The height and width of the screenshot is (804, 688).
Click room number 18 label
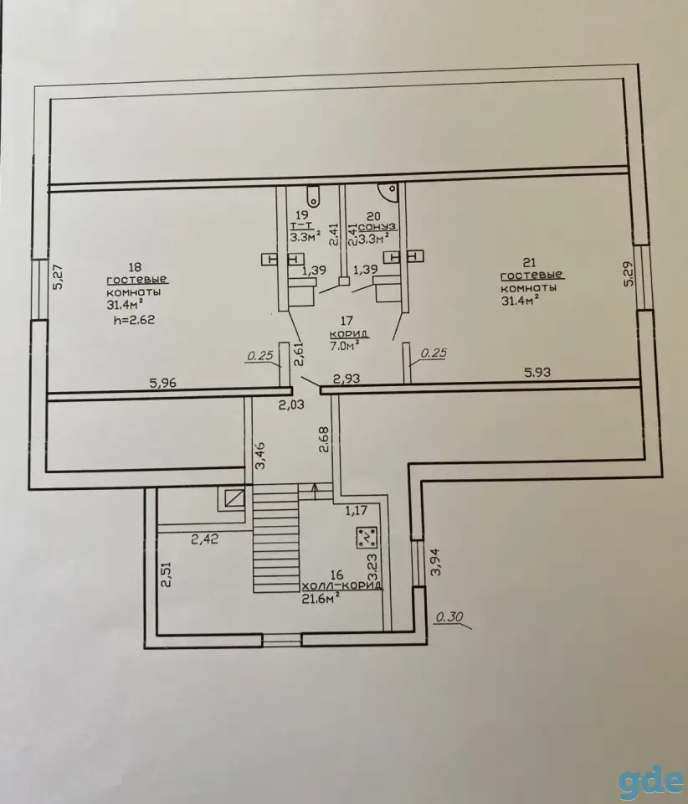click(x=136, y=267)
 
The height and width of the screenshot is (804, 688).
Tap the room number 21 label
click(x=529, y=262)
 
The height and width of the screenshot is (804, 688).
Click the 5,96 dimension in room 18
click(x=162, y=383)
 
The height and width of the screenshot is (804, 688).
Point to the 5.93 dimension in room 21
click(x=537, y=372)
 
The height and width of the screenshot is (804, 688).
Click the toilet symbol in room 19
click(x=313, y=195)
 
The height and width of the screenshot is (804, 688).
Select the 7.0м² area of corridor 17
click(x=344, y=346)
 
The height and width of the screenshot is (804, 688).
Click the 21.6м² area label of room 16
click(x=321, y=600)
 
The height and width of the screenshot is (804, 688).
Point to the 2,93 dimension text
click(x=347, y=379)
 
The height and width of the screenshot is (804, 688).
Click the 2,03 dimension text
click(x=291, y=405)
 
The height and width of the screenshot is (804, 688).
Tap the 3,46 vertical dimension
click(x=260, y=456)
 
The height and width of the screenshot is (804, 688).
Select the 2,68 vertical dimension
click(x=323, y=440)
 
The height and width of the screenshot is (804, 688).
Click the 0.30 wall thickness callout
click(x=449, y=617)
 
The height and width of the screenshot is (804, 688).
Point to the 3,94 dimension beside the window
click(x=435, y=563)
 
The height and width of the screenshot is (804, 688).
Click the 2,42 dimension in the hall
click(x=205, y=539)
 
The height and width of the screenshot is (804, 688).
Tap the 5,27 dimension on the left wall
click(x=58, y=277)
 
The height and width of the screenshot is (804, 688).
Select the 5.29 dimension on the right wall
click(x=629, y=274)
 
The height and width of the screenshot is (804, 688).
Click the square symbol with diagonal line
click(x=234, y=498)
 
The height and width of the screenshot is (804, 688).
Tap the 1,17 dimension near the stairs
click(x=357, y=511)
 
